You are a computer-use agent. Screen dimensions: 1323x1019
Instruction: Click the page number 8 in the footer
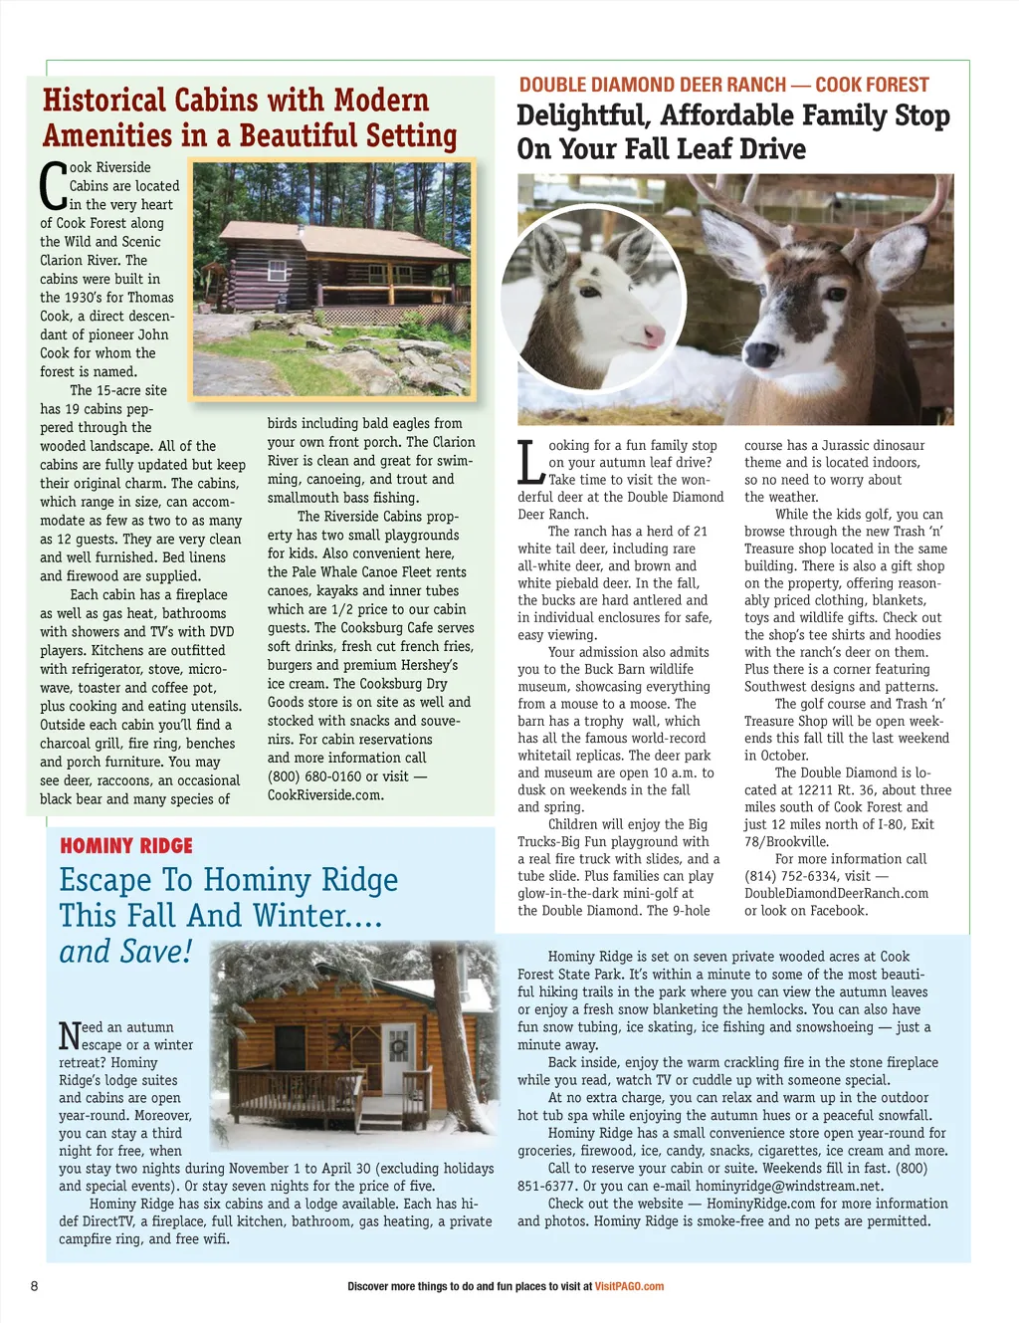pos(35,1285)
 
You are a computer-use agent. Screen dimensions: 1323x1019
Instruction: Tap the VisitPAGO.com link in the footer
pos(629,1286)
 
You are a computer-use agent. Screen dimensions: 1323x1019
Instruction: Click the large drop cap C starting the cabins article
pos(53,186)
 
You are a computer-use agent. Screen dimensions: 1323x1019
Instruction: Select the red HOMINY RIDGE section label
pos(126,846)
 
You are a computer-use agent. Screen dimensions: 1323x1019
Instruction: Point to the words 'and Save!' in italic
pos(125,952)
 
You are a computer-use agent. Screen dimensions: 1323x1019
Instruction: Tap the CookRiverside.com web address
pos(325,795)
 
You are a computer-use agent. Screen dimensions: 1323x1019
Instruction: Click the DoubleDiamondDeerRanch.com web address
pos(836,893)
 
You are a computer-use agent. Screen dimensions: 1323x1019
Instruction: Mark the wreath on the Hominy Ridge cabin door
pos(398,1046)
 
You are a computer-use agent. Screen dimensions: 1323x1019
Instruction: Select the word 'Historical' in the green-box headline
pos(104,101)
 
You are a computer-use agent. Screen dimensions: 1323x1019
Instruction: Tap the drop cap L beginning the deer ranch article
pos(530,462)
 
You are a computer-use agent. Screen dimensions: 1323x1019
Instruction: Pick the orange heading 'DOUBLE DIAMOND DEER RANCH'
pos(652,85)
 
